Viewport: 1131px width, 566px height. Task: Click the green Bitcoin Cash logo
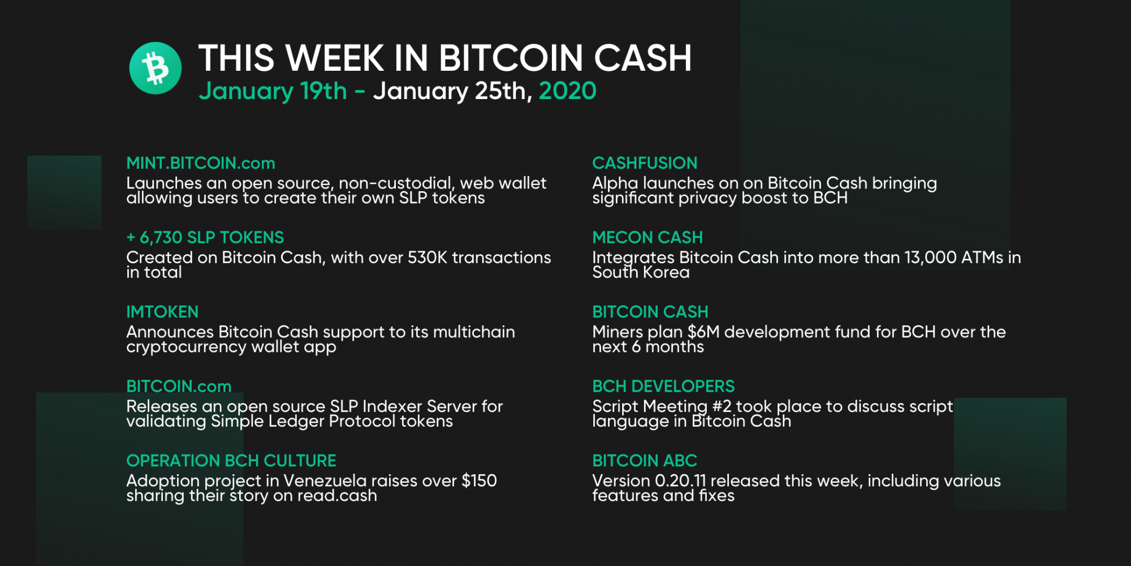(156, 68)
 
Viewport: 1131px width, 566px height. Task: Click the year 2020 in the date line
(567, 91)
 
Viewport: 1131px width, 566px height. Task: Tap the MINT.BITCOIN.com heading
(201, 163)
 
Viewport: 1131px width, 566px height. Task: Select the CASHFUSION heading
(645, 163)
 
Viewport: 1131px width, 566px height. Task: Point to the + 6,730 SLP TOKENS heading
(205, 238)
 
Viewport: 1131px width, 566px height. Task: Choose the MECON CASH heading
(647, 238)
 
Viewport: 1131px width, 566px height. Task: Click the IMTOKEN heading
(162, 312)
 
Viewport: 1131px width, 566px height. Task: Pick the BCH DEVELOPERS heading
(663, 386)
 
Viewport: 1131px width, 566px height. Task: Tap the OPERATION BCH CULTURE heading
(231, 461)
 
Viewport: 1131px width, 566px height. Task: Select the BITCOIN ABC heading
(645, 461)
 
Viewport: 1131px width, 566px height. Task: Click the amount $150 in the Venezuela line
(479, 481)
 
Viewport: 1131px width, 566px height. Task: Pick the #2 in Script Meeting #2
(722, 406)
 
